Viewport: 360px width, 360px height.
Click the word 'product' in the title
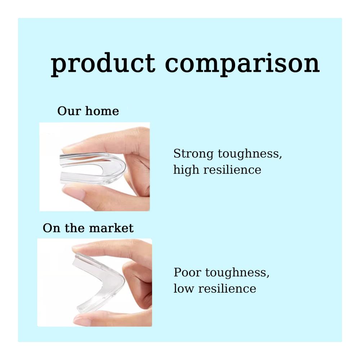(103, 64)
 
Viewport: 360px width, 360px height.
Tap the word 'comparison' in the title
(242, 64)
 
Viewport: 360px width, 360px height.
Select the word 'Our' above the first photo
(69, 111)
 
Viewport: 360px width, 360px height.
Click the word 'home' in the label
(102, 111)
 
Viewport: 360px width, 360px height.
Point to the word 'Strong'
(193, 154)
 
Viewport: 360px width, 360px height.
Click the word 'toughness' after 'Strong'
(250, 154)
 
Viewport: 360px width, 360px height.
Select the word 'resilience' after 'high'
(232, 170)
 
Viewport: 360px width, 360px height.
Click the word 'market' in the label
(111, 228)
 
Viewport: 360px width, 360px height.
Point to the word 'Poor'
(187, 273)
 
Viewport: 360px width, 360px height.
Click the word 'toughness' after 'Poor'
(237, 273)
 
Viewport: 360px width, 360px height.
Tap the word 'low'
(184, 288)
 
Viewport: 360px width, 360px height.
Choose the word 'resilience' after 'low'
(227, 288)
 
